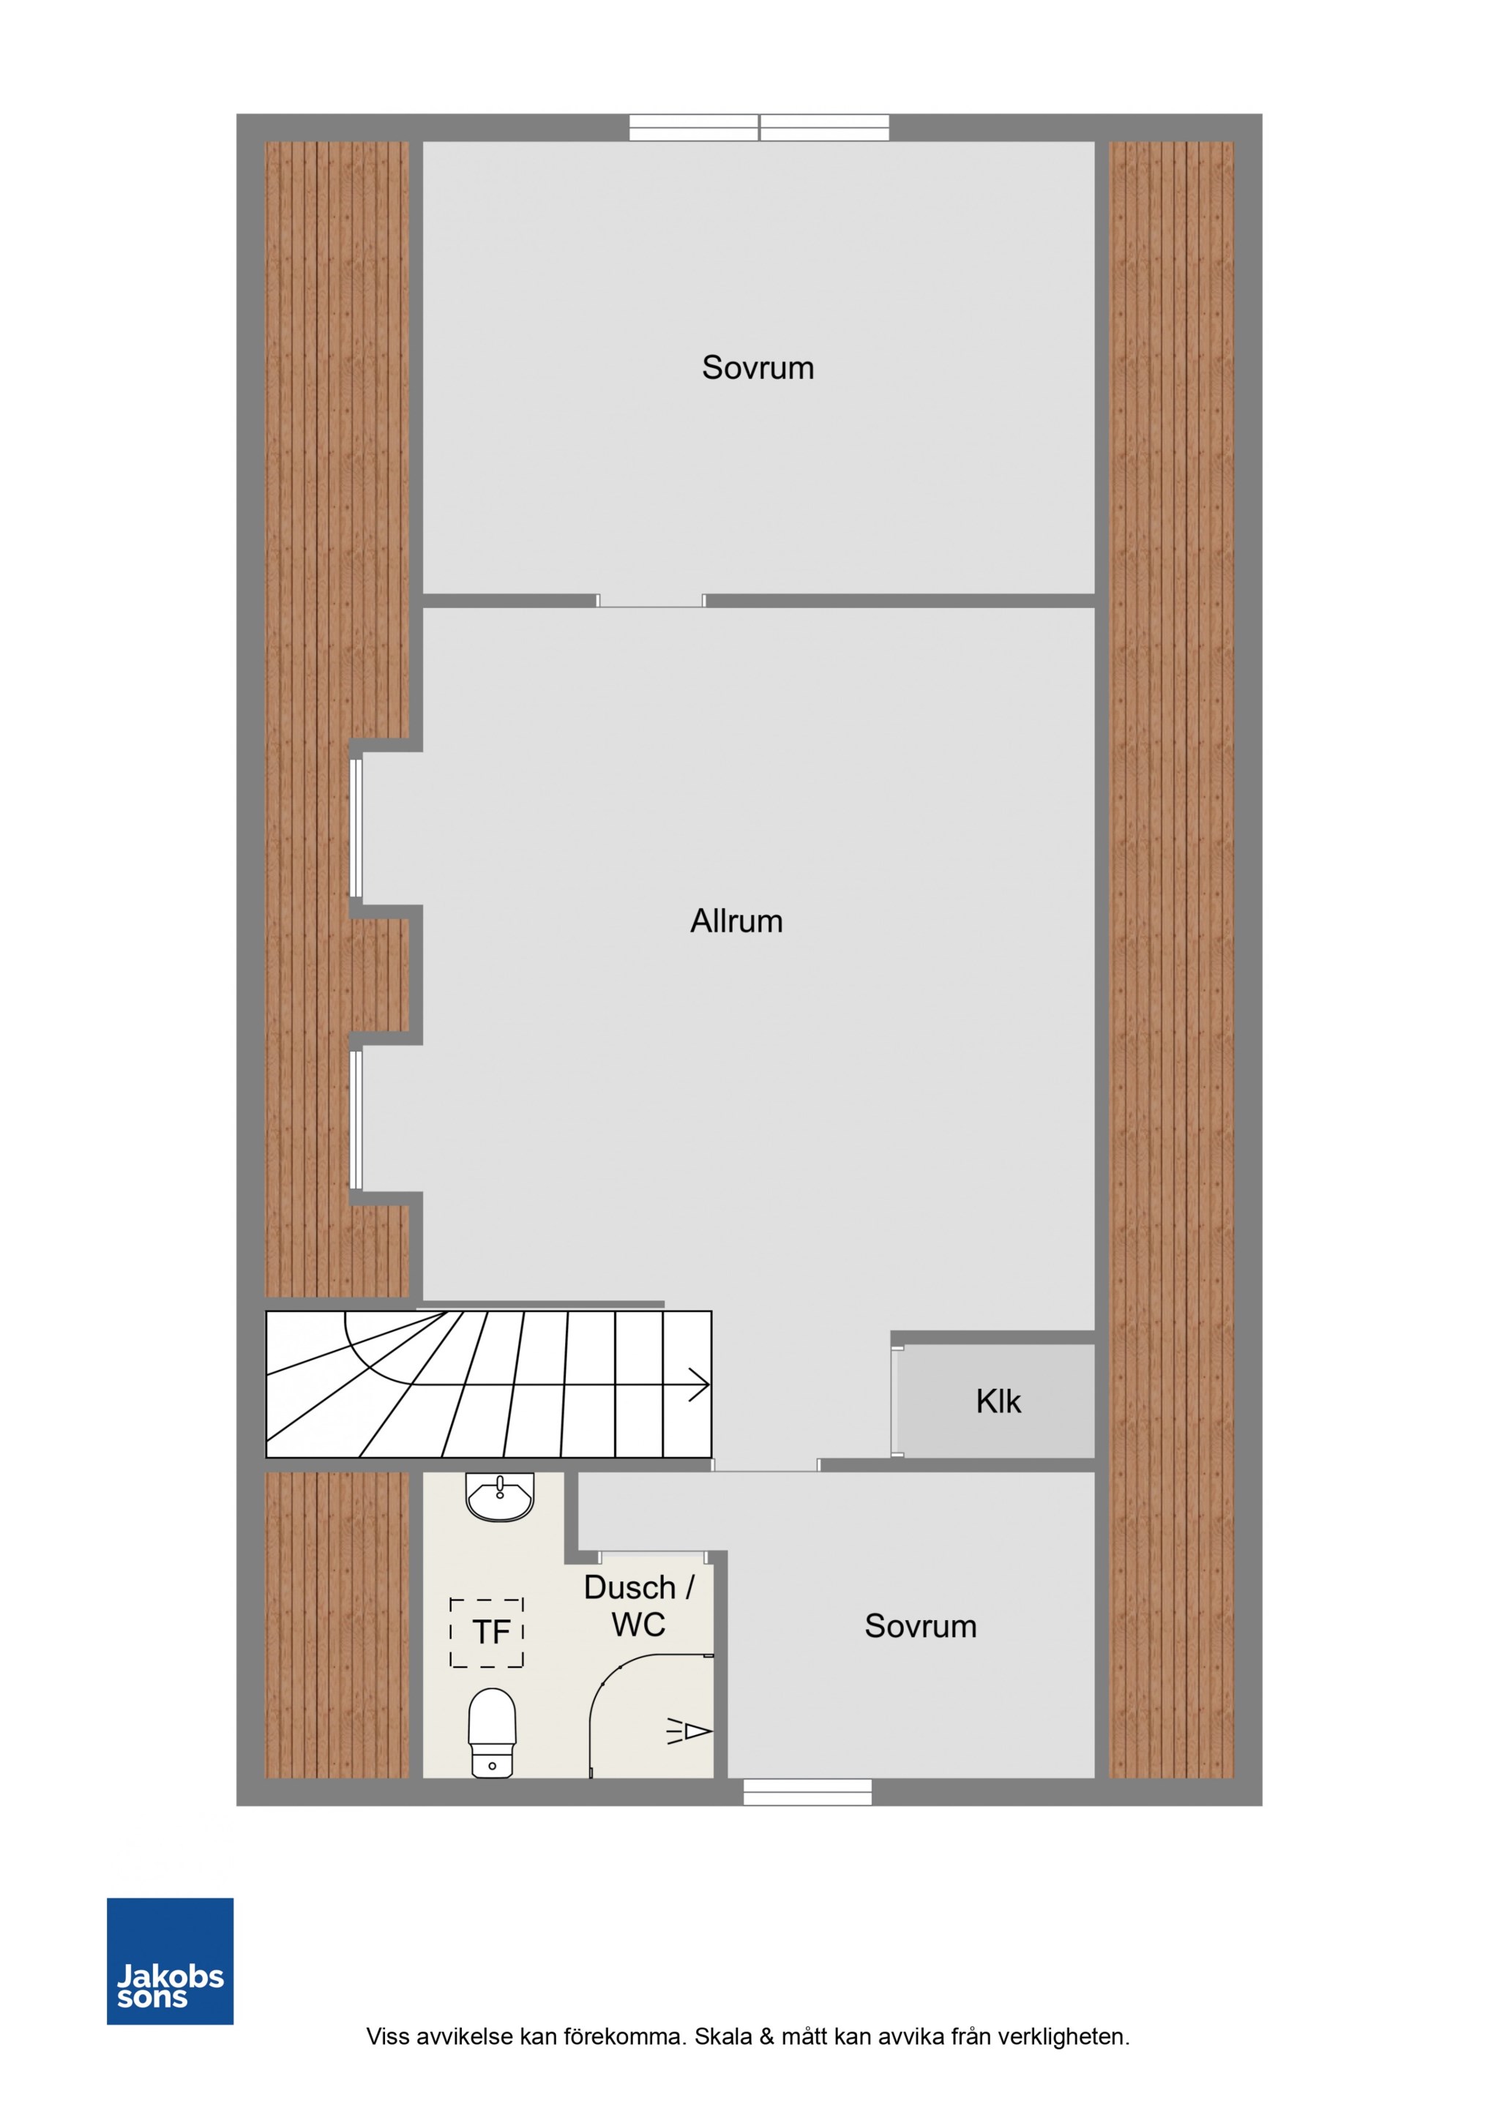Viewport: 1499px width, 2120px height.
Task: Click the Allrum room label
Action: (736, 921)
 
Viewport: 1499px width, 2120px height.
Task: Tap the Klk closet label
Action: (998, 1401)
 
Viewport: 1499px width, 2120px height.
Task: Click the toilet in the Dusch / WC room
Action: (493, 1732)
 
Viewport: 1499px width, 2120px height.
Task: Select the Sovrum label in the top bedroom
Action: (758, 367)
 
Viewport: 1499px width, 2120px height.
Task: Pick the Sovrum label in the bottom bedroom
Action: (920, 1626)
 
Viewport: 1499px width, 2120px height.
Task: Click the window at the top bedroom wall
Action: (759, 127)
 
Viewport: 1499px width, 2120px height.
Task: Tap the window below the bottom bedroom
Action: (807, 1791)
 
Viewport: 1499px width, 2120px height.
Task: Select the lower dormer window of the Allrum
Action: (356, 1119)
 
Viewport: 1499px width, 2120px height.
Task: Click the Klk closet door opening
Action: (897, 1401)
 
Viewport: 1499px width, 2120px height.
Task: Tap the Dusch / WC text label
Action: (638, 1606)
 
